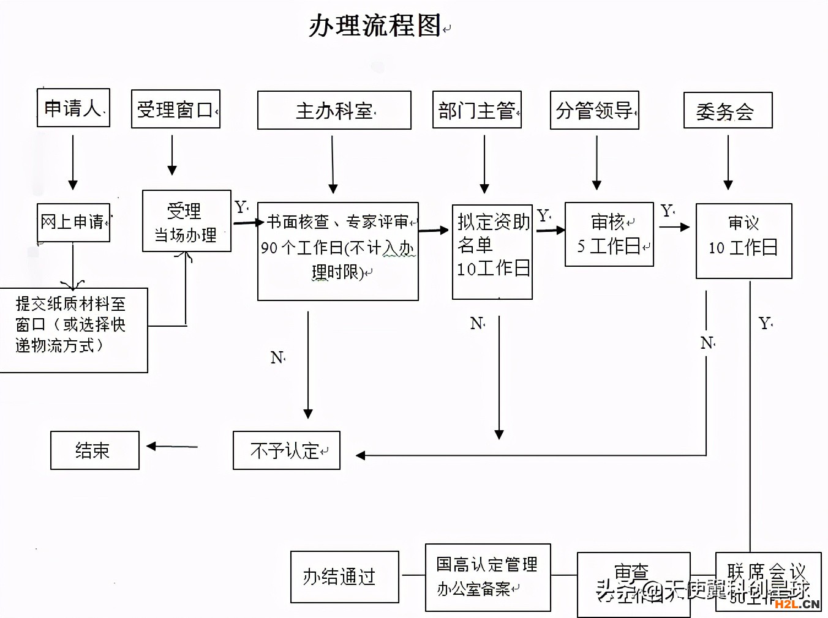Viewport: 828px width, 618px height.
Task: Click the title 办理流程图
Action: click(x=374, y=26)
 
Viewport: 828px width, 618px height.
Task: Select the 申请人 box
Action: click(x=73, y=108)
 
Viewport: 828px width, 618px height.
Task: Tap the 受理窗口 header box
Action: click(x=176, y=110)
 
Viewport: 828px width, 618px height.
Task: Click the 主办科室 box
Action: click(x=334, y=111)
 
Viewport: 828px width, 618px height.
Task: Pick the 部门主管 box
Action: click(x=477, y=110)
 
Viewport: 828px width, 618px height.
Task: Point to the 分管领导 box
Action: click(x=595, y=110)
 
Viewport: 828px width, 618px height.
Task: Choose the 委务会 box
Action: click(x=728, y=111)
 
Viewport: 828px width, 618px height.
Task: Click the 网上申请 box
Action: click(x=73, y=222)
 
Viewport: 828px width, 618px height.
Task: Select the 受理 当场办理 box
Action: click(x=186, y=222)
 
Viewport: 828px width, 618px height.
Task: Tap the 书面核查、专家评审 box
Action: click(x=338, y=251)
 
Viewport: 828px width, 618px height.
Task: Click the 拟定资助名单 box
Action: click(x=492, y=251)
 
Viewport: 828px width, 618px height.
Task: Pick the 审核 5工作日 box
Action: click(x=609, y=234)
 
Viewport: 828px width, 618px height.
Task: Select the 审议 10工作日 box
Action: click(x=743, y=241)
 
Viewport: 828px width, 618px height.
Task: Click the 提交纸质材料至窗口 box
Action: click(x=73, y=330)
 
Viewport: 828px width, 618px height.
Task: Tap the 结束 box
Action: click(x=95, y=450)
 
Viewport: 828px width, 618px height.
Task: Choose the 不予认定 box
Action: click(x=287, y=450)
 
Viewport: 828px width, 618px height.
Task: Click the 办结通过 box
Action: click(x=345, y=576)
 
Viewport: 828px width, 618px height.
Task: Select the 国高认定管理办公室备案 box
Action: click(x=488, y=577)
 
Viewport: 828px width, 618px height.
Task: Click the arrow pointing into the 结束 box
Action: click(x=171, y=447)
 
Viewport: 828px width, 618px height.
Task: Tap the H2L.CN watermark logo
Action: click(x=797, y=604)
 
